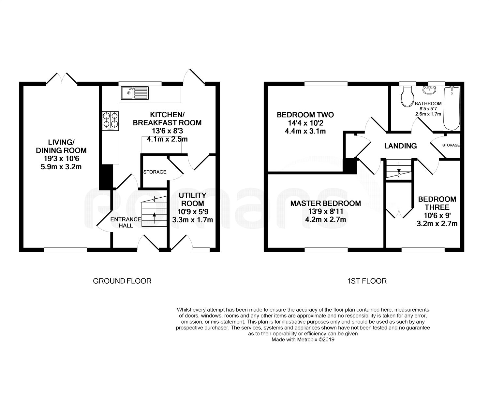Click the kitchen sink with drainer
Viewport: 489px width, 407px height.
pyautogui.click(x=135, y=93)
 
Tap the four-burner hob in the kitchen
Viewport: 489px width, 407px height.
pyautogui.click(x=110, y=121)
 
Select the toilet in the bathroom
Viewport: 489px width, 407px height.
pyautogui.click(x=407, y=97)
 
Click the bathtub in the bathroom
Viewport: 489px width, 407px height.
pyautogui.click(x=452, y=108)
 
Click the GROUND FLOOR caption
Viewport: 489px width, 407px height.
pyautogui.click(x=122, y=281)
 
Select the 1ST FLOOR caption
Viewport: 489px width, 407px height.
pyautogui.click(x=367, y=281)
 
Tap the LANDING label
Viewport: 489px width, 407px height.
pyautogui.click(x=400, y=146)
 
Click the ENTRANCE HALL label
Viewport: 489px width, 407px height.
pyautogui.click(x=126, y=222)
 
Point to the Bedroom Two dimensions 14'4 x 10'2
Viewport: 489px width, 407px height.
pyautogui.click(x=306, y=123)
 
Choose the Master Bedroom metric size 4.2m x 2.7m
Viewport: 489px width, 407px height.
pyautogui.click(x=326, y=220)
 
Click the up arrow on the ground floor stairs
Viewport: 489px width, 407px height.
pyautogui.click(x=154, y=218)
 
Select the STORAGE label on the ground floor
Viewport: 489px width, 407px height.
pyautogui.click(x=155, y=172)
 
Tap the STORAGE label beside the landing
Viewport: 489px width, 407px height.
pyautogui.click(x=451, y=145)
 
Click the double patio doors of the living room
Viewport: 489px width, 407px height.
pyautogui.click(x=62, y=78)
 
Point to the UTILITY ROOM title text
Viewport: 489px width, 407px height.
pyautogui.click(x=193, y=199)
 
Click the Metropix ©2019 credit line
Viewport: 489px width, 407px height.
pyautogui.click(x=303, y=339)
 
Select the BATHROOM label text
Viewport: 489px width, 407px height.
pyautogui.click(x=428, y=104)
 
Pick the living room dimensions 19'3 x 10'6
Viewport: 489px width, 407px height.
pyautogui.click(x=61, y=159)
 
